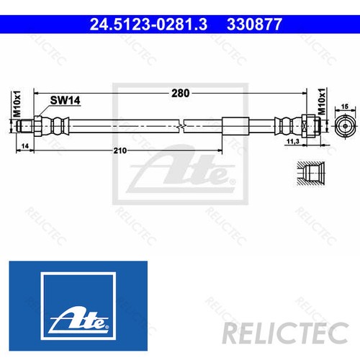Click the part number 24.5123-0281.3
[x=148, y=24]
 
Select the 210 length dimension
[x=120, y=150]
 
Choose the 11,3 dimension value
[x=312, y=143]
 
